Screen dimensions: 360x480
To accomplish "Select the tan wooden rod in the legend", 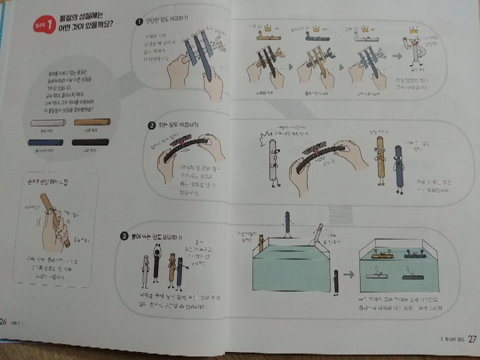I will [92, 123].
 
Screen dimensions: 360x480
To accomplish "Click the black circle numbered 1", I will [138, 22].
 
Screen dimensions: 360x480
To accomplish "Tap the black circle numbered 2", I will [151, 126].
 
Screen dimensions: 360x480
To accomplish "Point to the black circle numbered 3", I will [123, 236].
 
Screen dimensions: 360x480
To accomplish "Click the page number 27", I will [472, 338].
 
